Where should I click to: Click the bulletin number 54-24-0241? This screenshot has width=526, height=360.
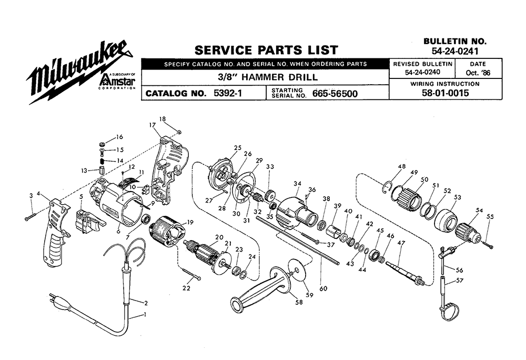coord(455,52)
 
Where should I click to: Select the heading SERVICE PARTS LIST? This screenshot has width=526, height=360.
coord(266,50)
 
